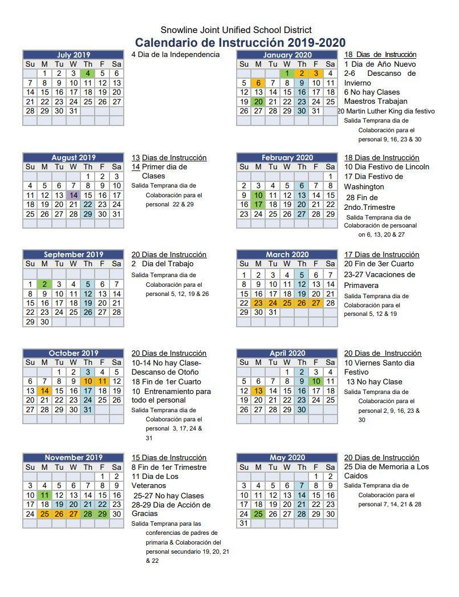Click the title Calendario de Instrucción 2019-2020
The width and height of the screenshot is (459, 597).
[x=240, y=43]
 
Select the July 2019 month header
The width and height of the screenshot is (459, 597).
[x=73, y=55]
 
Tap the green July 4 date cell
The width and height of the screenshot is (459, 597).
[x=88, y=74]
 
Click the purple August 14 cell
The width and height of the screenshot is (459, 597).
[x=74, y=195]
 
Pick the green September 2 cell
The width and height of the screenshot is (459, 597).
[x=44, y=284]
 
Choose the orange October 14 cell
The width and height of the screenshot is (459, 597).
[x=44, y=391]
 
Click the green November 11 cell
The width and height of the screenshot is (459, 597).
[x=44, y=496]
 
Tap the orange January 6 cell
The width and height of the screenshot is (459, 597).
[x=258, y=83]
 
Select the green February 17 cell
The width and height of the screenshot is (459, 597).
[x=258, y=205]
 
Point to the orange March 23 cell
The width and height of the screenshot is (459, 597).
[x=258, y=303]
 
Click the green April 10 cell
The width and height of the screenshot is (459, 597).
[x=316, y=381]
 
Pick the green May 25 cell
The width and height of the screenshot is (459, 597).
[x=258, y=514]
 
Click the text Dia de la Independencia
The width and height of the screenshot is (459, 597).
[x=178, y=55]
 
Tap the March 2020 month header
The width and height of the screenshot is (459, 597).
[x=287, y=254]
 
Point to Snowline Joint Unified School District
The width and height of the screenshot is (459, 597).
[x=236, y=30]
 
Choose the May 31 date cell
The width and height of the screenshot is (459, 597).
[x=244, y=523]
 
